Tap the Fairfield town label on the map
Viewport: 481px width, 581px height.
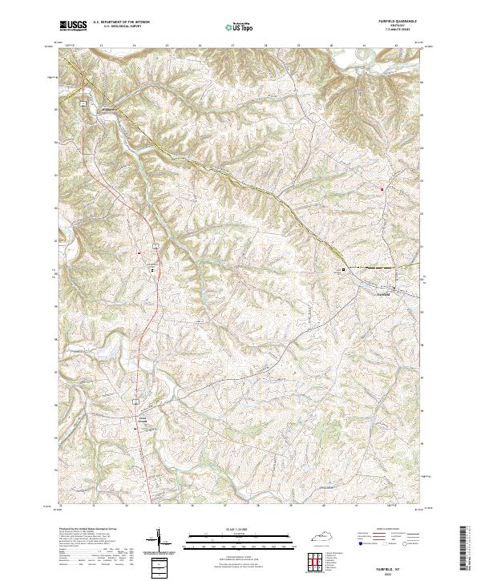click(x=385, y=293)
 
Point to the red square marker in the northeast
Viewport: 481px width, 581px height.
click(x=382, y=189)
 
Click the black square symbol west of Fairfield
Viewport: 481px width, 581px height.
click(x=346, y=269)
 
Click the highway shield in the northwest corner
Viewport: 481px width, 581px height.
click(x=83, y=103)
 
